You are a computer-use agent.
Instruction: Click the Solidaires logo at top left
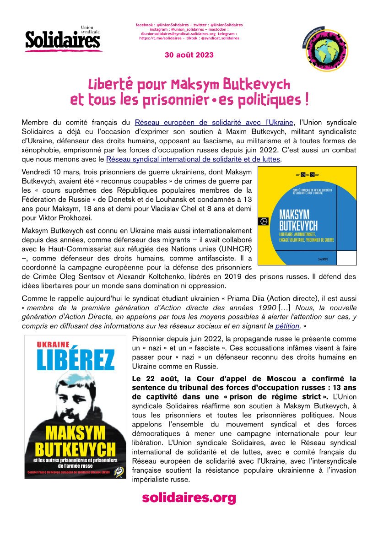click(x=63, y=39)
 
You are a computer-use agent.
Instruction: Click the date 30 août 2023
click(x=189, y=55)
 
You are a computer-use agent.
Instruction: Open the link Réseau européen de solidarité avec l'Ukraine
click(x=214, y=122)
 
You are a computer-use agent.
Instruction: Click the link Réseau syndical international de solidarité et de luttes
click(x=193, y=159)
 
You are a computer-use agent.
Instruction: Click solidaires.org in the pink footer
click(x=189, y=497)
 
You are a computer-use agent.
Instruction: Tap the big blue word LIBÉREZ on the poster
click(x=76, y=361)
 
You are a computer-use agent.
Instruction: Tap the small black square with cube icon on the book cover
click(x=264, y=220)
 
